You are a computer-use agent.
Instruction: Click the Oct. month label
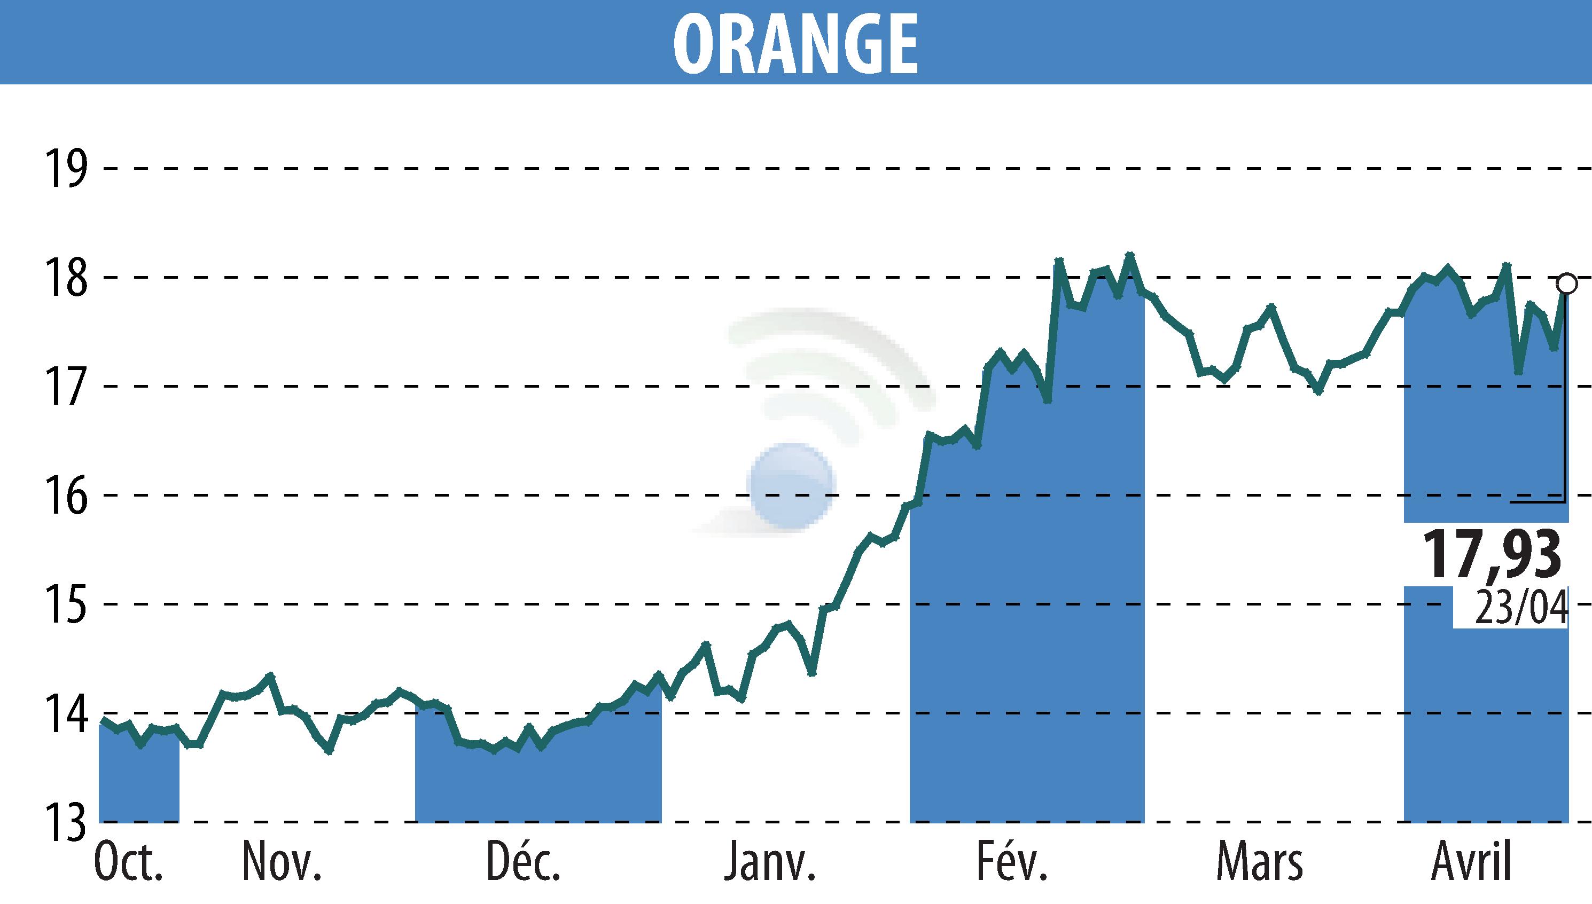click(129, 863)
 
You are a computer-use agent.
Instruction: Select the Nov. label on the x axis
click(282, 863)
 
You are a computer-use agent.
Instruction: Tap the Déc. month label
click(523, 863)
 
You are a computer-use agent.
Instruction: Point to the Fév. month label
click(1012, 863)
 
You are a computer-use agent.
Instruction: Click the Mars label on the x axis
click(1260, 863)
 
